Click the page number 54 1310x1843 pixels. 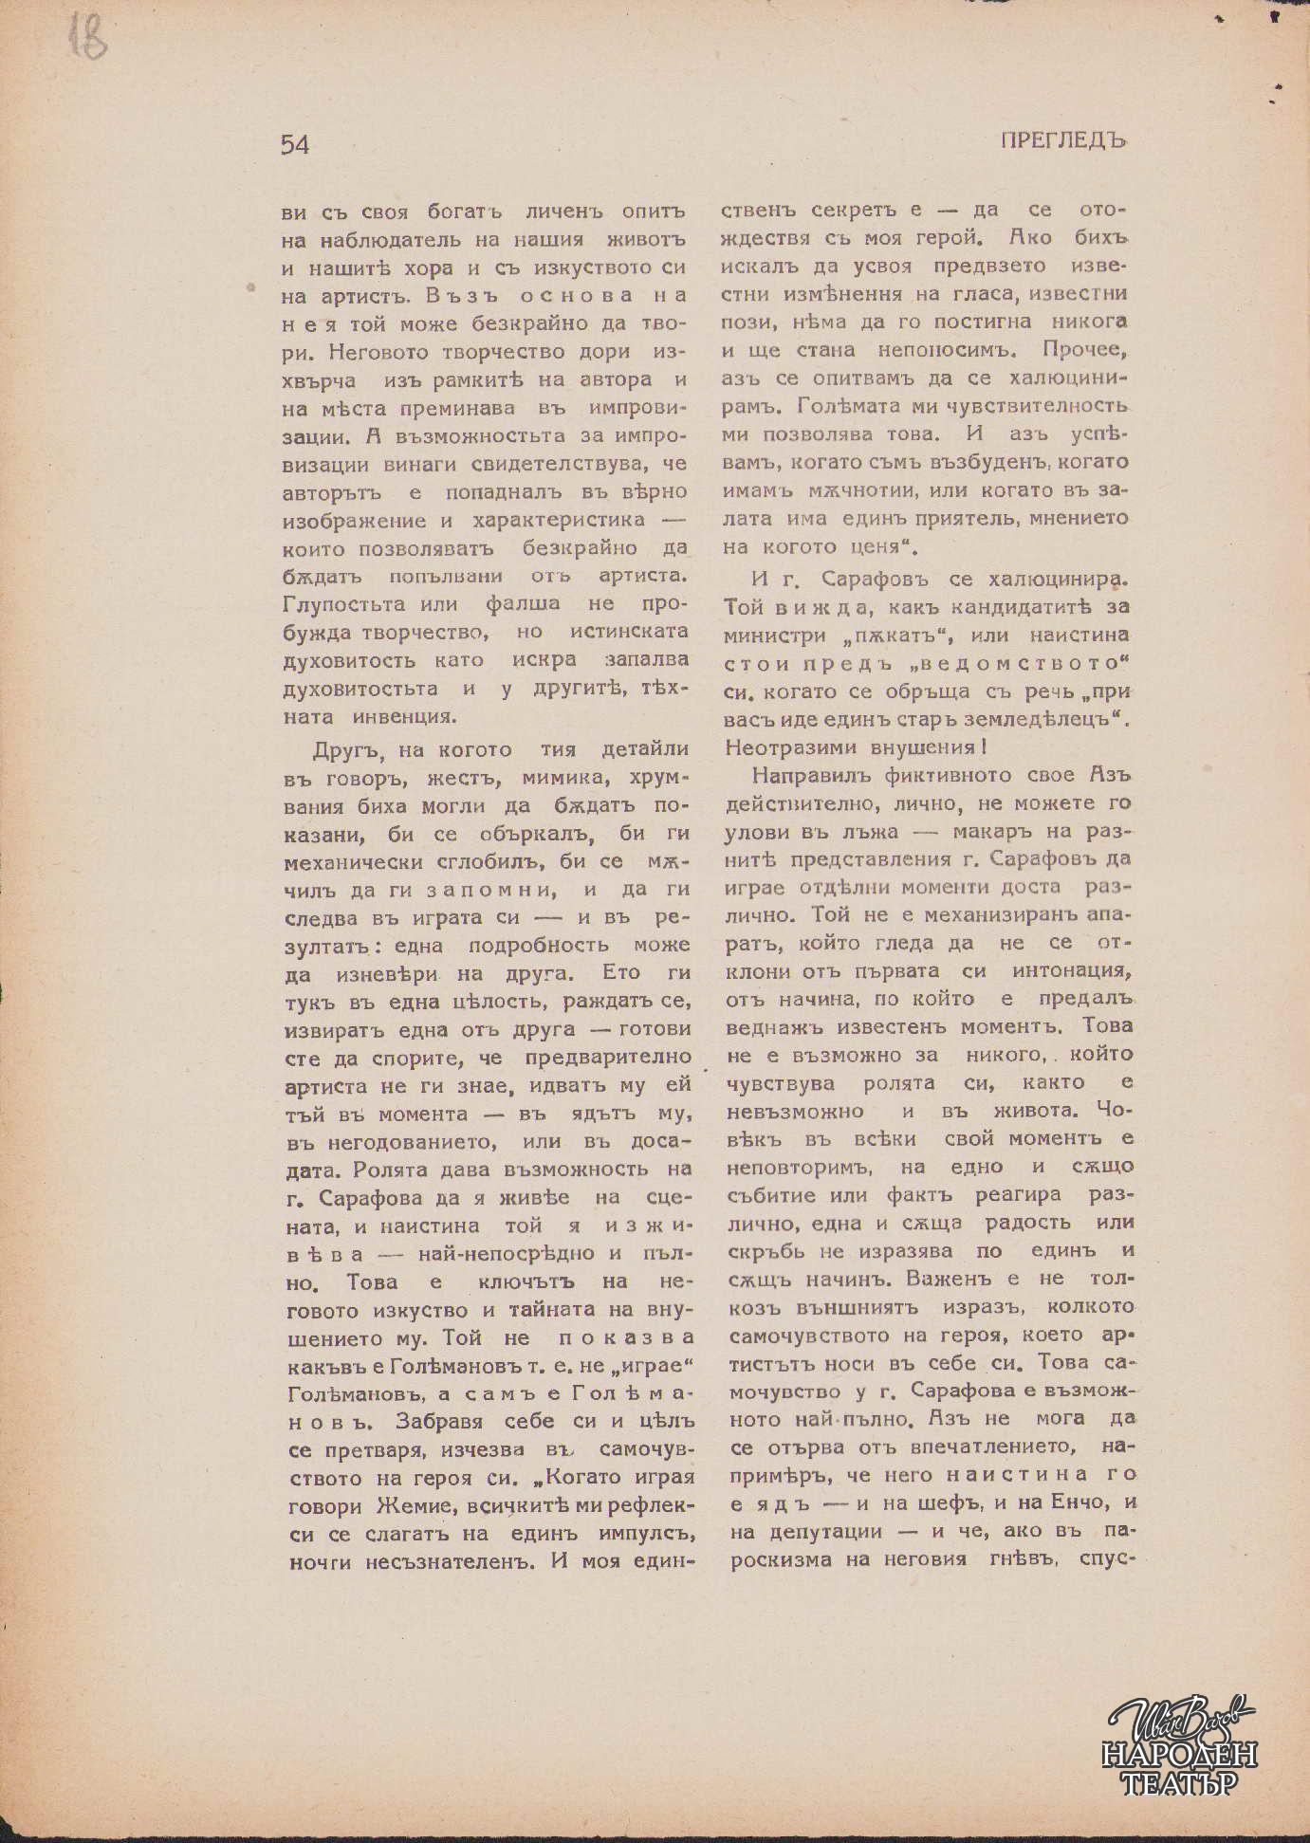295,144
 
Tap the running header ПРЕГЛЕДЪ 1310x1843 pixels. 1062,140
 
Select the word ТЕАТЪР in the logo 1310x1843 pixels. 1181,1782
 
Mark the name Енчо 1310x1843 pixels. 1079,1502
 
